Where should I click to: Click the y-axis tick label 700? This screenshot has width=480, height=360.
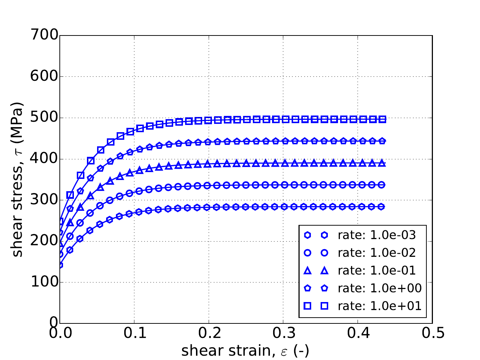(x=44, y=35)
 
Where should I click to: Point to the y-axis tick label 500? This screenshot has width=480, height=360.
(x=44, y=118)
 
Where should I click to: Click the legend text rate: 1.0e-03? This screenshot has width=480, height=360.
(x=377, y=235)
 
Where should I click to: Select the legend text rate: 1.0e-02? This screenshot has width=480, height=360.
(x=377, y=253)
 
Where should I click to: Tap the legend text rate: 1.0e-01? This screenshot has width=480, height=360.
(x=377, y=271)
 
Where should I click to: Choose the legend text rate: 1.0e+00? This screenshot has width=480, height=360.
(x=380, y=288)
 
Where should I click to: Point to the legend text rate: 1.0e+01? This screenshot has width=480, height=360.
(x=380, y=306)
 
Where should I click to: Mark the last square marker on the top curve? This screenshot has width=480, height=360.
(x=383, y=119)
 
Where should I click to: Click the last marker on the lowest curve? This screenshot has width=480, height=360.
(x=383, y=206)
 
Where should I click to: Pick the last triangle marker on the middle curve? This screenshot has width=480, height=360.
(x=383, y=163)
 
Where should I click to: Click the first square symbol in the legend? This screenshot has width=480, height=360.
(x=308, y=306)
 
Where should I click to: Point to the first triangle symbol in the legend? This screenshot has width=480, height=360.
(x=308, y=270)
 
